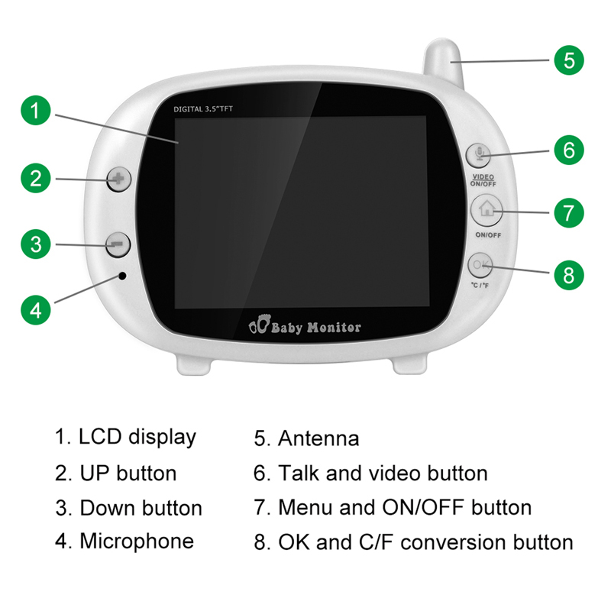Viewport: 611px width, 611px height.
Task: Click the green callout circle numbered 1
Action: click(35, 112)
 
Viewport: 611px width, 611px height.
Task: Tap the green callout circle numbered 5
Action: click(569, 59)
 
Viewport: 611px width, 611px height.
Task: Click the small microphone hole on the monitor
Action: click(121, 275)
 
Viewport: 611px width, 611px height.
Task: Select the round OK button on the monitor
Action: click(480, 265)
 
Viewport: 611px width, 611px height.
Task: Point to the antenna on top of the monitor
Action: click(445, 65)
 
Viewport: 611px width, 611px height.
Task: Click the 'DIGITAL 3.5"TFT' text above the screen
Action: click(203, 109)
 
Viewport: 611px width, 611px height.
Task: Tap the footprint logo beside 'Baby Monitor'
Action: click(258, 327)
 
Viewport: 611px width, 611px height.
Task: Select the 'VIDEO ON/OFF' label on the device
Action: click(483, 180)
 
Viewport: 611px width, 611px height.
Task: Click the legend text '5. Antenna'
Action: click(306, 439)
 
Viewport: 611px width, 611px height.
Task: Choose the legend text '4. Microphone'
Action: click(124, 541)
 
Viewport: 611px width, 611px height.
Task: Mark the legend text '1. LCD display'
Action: click(125, 437)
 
